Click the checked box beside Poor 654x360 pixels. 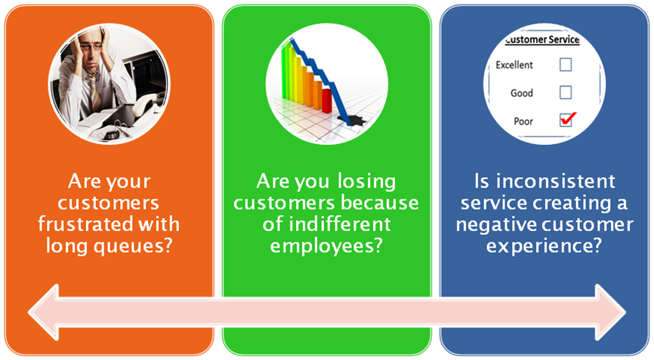[566, 120]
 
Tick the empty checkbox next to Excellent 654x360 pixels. [566, 65]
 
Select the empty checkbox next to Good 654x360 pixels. [566, 92]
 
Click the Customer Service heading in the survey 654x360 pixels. [541, 39]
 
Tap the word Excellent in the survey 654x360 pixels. [514, 65]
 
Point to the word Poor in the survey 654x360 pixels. [523, 122]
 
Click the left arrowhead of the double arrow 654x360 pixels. [44, 312]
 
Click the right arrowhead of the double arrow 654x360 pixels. [610, 312]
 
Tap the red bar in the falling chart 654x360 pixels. [326, 100]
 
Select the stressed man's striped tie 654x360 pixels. [94, 91]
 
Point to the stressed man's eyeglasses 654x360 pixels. [91, 47]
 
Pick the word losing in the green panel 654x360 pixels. [366, 182]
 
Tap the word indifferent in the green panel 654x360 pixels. [340, 224]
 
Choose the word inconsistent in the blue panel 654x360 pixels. [555, 181]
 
